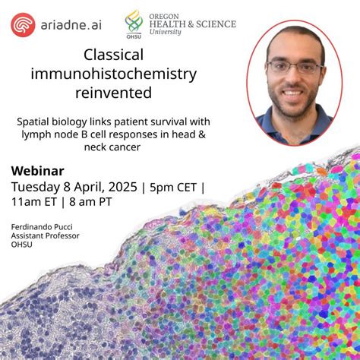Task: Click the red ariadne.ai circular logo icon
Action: pos(23,24)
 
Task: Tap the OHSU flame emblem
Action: pos(134,23)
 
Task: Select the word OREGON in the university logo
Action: pos(166,13)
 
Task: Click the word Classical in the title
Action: pos(113,55)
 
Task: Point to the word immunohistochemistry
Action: pos(113,74)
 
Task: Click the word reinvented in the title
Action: pos(113,93)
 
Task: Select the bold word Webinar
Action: pos(37,170)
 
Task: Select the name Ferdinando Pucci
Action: pos(41,226)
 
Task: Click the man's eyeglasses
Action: pos(295,67)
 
